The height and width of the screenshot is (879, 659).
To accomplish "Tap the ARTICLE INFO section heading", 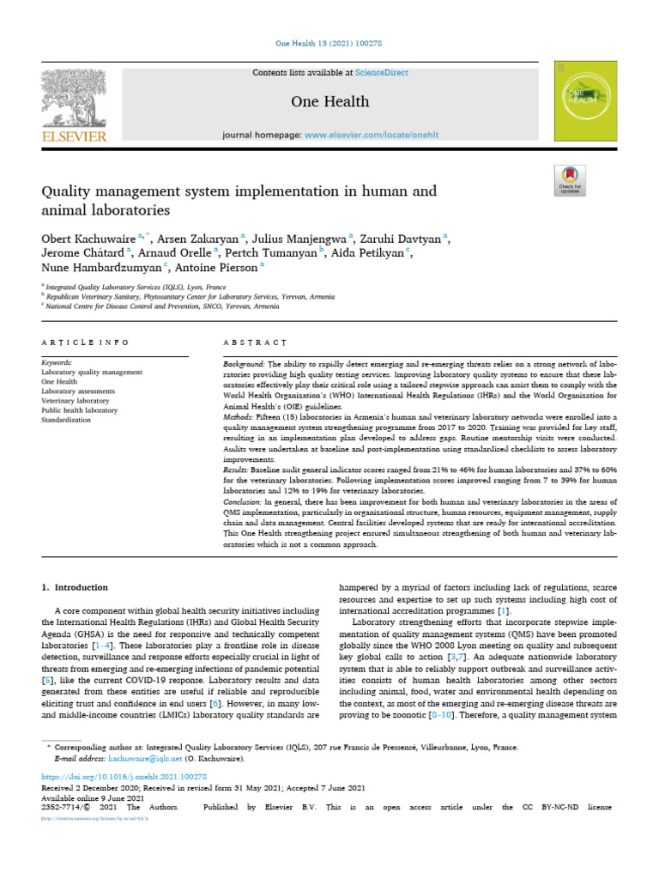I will click(x=85, y=343).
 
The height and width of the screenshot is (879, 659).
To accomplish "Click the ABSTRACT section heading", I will click(x=249, y=343).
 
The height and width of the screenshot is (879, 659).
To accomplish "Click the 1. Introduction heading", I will click(x=76, y=587).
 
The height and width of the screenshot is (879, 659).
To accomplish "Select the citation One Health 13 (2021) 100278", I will click(x=329, y=43).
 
